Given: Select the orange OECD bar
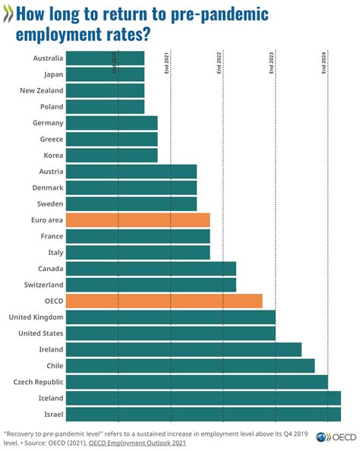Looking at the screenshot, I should pyautogui.click(x=164, y=301).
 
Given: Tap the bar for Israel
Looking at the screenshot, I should pyautogui.click(x=204, y=414).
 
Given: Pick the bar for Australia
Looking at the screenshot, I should pyautogui.click(x=106, y=58).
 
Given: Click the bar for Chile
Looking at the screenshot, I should pyautogui.click(x=191, y=365).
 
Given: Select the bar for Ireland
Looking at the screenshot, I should pyautogui.click(x=184, y=349).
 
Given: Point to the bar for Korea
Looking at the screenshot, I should pyautogui.click(x=112, y=155).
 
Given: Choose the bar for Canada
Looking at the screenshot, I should pyautogui.click(x=151, y=268).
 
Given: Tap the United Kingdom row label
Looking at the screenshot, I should pyautogui.click(x=35, y=317).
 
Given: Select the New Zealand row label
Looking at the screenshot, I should pyautogui.click(x=41, y=90).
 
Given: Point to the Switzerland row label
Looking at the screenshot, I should pyautogui.click(x=41, y=285).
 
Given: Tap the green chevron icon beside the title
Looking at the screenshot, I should pyautogui.click(x=8, y=14).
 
